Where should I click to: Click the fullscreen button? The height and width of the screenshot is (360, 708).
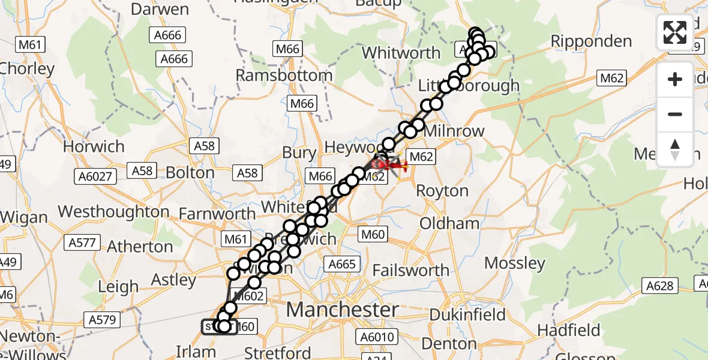pos(675,32)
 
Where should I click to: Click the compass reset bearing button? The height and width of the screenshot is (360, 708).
pos(675,149)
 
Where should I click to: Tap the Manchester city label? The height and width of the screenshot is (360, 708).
pos(343,310)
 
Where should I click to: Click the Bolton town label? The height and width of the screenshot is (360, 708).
pos(190,173)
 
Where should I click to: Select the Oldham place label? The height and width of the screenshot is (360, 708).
pos(449,223)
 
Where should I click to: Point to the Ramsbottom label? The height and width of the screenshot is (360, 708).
pos(284,76)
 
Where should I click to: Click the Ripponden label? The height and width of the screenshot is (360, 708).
pos(591,41)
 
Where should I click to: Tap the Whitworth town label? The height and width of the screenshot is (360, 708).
pos(401,53)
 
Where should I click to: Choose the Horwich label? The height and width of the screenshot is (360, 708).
pos(94,146)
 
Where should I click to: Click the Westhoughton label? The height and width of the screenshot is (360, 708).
pos(114,212)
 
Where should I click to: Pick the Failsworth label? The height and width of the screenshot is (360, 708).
pos(410,271)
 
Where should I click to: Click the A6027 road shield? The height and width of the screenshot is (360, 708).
pos(94,176)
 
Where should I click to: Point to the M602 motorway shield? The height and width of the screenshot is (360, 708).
pos(247,296)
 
